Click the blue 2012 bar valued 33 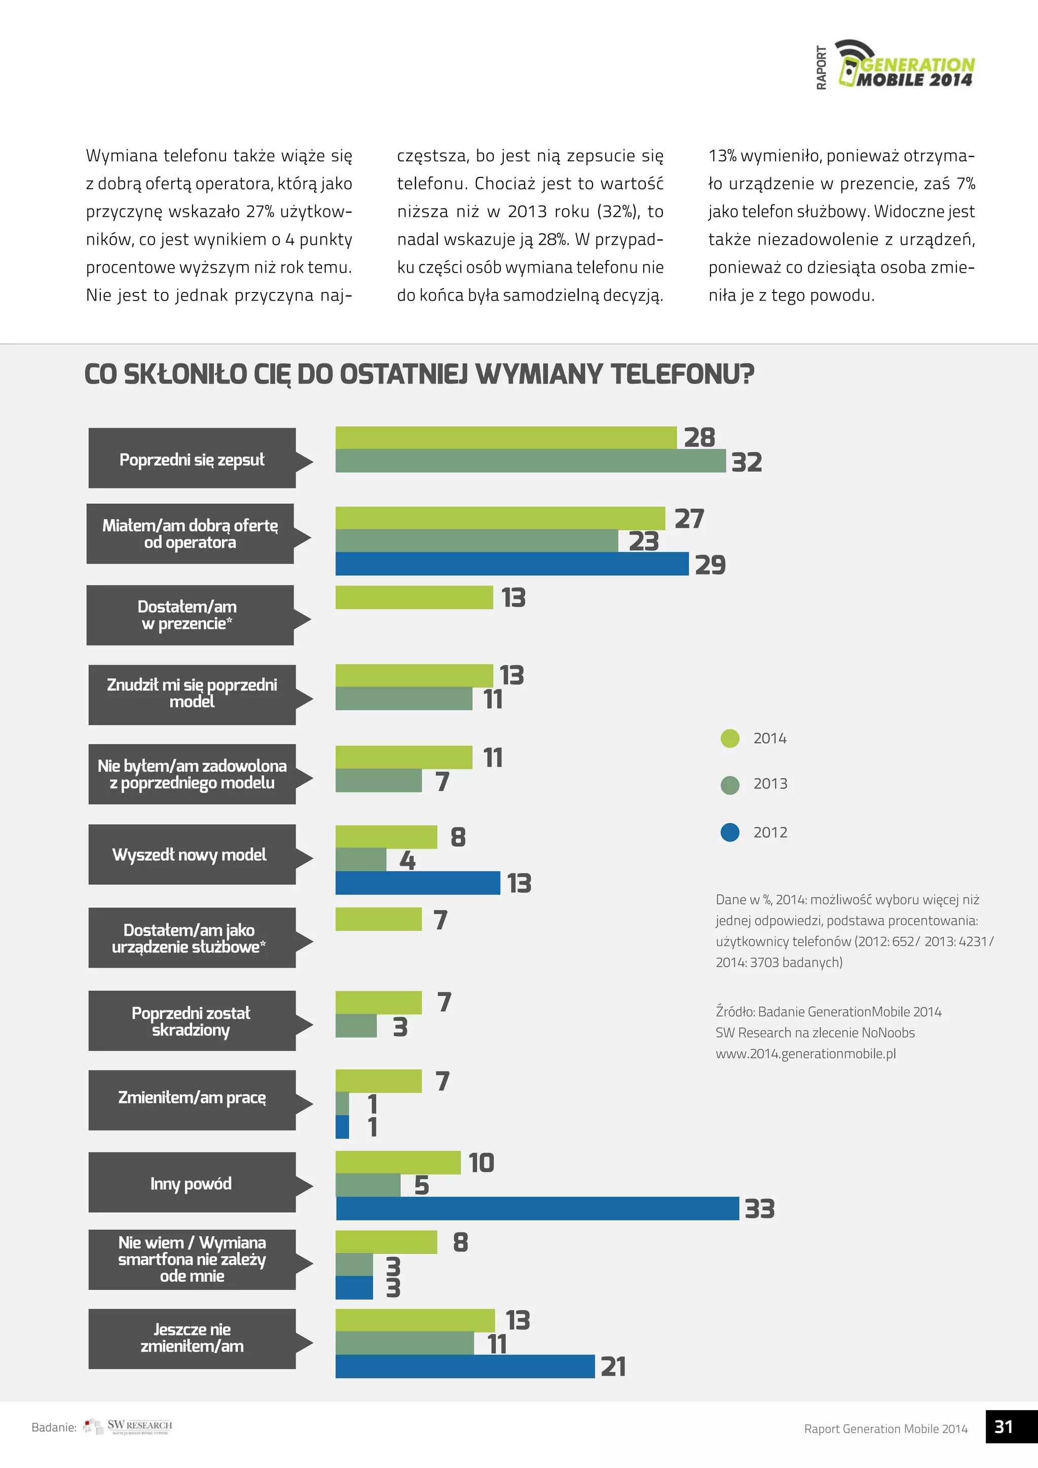[x=537, y=1208]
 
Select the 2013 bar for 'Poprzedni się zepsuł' [x=531, y=461]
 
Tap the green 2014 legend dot [x=729, y=739]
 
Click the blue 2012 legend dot [x=729, y=832]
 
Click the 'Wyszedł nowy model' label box [x=192, y=854]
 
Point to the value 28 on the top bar [x=699, y=438]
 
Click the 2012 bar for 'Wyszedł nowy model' [x=417, y=883]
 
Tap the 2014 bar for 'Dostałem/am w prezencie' [x=414, y=597]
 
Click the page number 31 [x=1004, y=1426]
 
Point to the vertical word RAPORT [x=821, y=68]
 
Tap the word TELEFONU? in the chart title [x=682, y=375]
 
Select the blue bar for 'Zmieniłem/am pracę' [x=343, y=1126]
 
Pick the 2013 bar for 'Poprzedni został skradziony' [x=356, y=1025]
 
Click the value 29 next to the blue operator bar [x=710, y=565]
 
